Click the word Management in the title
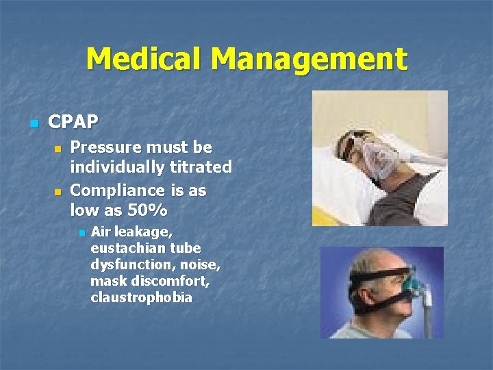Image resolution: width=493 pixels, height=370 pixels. coord(309,60)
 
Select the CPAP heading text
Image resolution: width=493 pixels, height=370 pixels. coord(73,123)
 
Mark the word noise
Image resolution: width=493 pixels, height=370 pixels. coord(203,264)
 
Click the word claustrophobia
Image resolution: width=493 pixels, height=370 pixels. coord(141,297)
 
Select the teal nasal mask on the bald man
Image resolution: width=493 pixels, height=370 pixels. coord(415,280)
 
